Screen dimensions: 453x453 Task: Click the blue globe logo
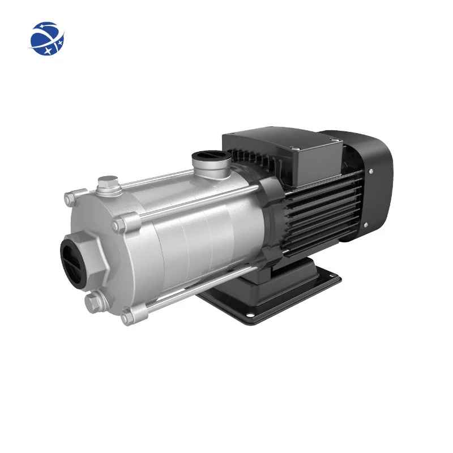48,39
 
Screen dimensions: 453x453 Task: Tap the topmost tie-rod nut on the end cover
70,199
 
